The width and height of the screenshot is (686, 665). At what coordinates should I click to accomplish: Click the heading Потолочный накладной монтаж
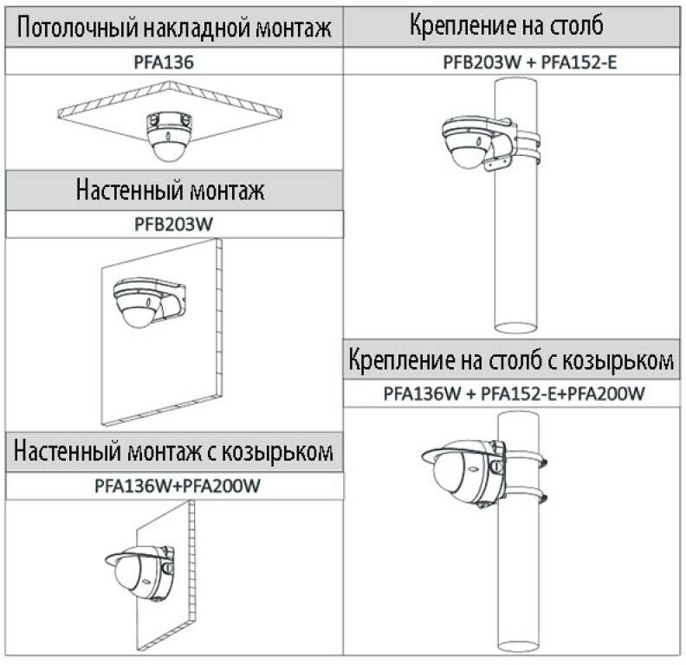pyautogui.click(x=174, y=29)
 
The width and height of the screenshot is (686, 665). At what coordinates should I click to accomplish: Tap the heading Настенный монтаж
pyautogui.click(x=174, y=190)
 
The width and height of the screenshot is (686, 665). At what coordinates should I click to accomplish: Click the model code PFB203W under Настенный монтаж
pyautogui.click(x=174, y=223)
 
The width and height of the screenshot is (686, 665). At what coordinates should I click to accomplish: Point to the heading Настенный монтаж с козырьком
pyautogui.click(x=174, y=451)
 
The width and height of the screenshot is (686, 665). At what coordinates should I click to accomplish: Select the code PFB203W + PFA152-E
pyautogui.click(x=517, y=62)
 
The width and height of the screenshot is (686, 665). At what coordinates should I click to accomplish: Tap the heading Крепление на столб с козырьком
pyautogui.click(x=512, y=359)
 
